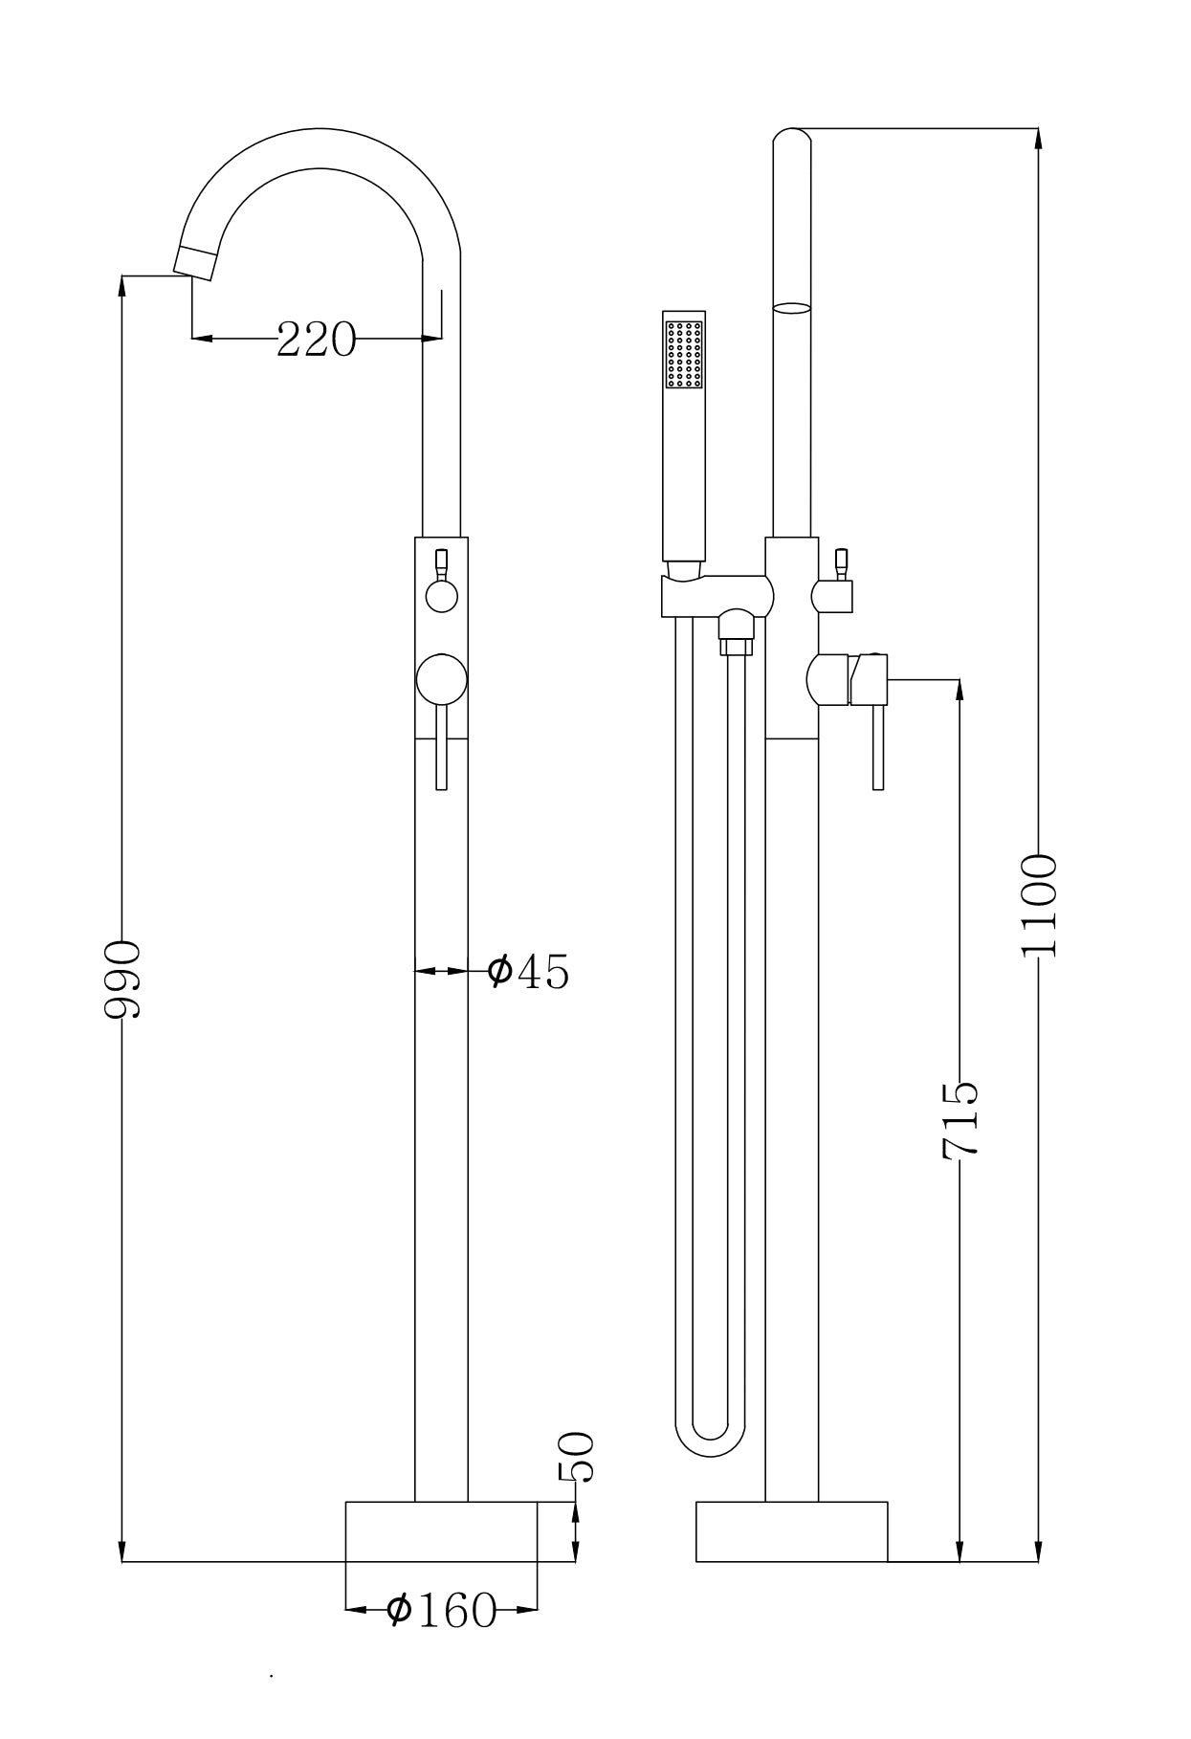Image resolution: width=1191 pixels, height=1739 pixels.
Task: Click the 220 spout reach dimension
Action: point(316,339)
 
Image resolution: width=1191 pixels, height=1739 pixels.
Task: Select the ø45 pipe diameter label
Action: point(528,971)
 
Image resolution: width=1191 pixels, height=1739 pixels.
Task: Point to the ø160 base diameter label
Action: point(442,1611)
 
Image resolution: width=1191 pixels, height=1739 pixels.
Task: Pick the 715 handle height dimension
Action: point(959,1121)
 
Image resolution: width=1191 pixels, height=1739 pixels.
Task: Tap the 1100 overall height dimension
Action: point(1039,906)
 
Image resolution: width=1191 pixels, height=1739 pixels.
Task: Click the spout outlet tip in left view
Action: point(194,262)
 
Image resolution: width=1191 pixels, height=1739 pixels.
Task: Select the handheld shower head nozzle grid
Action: point(684,355)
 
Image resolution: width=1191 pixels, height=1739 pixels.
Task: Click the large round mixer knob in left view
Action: point(442,679)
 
